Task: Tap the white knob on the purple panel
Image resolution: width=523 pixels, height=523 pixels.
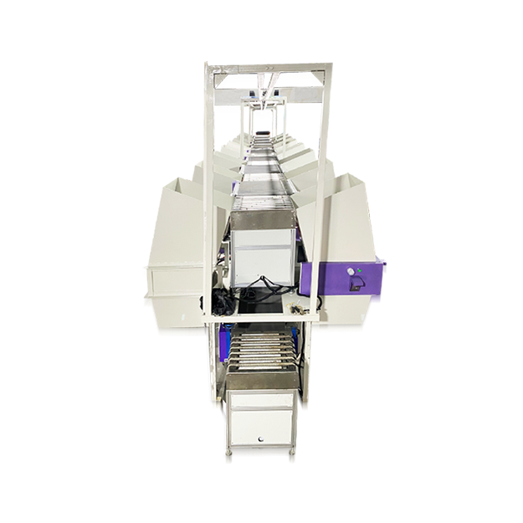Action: point(346,274)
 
